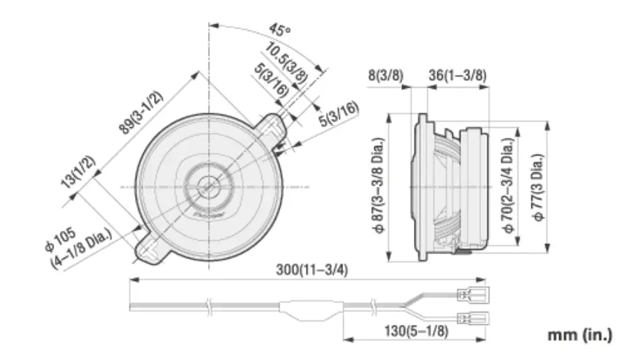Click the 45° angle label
[279, 30]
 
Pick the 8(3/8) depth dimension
[386, 74]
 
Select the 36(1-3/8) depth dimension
[458, 74]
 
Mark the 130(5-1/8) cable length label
[416, 331]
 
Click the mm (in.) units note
[580, 335]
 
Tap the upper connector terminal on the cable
[471, 296]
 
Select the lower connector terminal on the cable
[471, 318]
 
